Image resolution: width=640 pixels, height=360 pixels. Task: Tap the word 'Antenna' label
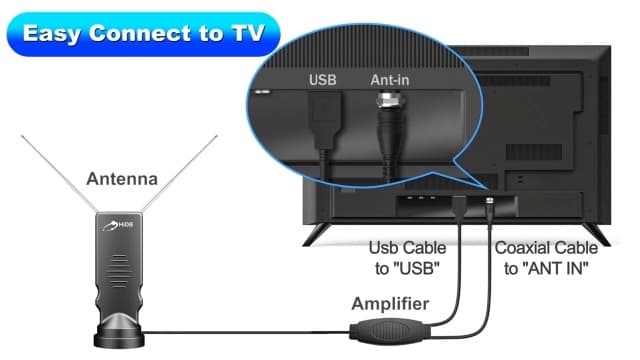pyautogui.click(x=123, y=180)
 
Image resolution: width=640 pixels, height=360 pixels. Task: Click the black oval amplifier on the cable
pyautogui.click(x=391, y=329)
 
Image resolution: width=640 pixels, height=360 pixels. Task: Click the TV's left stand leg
pyautogui.click(x=318, y=234)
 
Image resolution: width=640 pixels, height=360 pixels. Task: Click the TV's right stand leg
pyautogui.click(x=600, y=234)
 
